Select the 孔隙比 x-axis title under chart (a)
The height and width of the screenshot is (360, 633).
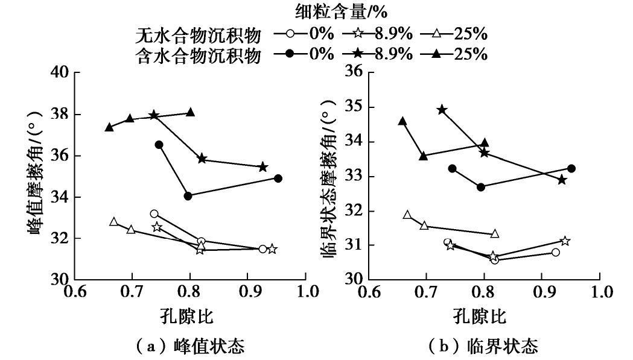(189, 316)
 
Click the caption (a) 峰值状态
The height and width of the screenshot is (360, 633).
(189, 347)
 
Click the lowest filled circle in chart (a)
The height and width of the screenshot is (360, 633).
(188, 196)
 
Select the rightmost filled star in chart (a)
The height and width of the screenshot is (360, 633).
(263, 167)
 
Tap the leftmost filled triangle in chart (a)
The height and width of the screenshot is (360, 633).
(109, 127)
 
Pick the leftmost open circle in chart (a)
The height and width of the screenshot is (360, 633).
(154, 214)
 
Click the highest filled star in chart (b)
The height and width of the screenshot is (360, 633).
(442, 110)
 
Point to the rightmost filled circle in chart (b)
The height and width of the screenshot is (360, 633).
(571, 168)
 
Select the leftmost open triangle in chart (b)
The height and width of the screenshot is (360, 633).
(407, 215)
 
